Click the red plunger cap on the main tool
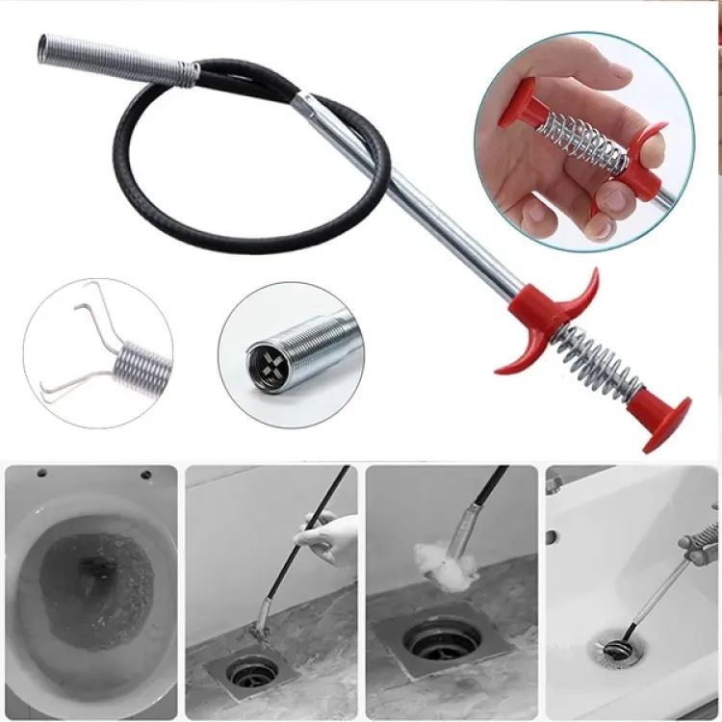(667, 421)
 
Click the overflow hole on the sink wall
(553, 536)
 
